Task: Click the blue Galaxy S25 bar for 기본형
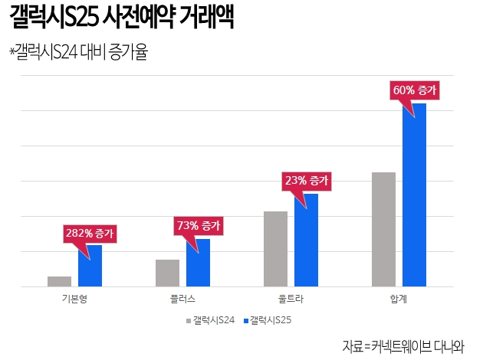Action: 90,266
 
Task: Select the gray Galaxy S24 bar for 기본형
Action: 59,281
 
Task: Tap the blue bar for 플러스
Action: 198,263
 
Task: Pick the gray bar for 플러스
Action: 167,273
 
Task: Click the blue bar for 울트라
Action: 306,240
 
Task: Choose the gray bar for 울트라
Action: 275,249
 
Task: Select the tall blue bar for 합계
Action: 414,195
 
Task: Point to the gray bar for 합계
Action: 383,229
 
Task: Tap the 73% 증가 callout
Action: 199,225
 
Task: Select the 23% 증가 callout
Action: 307,181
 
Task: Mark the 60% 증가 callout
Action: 415,90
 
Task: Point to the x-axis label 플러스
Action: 182,299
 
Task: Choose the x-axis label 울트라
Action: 291,299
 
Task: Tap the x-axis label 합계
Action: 399,299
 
